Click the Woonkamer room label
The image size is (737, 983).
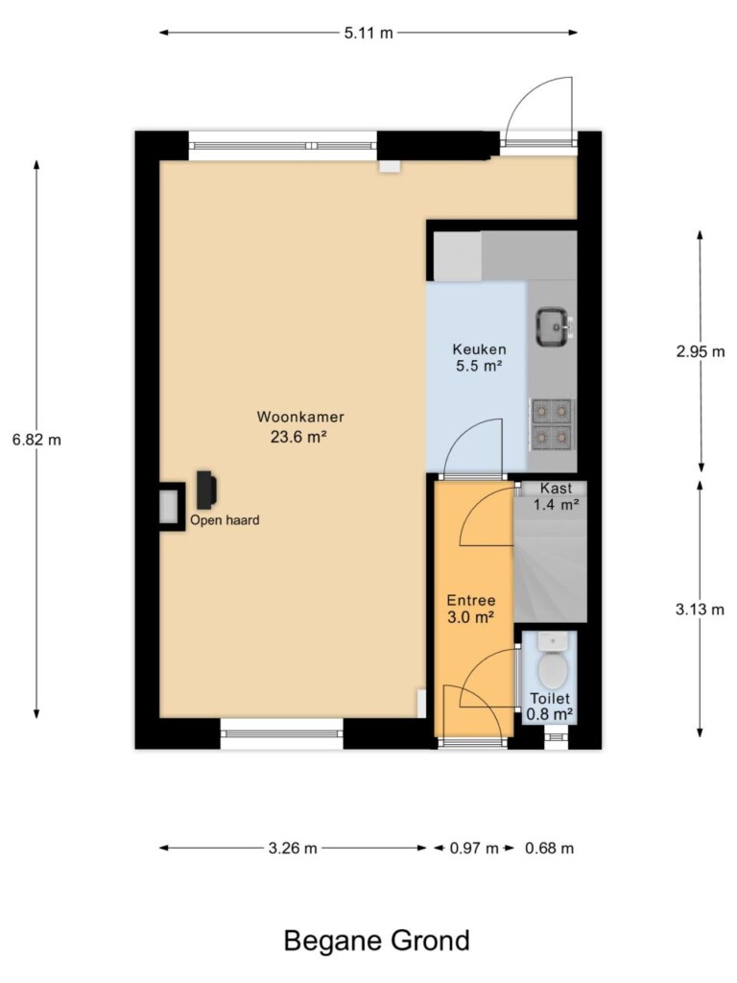click(300, 417)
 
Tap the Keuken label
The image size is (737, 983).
click(480, 349)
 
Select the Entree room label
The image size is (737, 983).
click(470, 601)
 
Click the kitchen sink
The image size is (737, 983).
click(554, 326)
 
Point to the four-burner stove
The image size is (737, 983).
click(552, 424)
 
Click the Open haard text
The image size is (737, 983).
click(225, 519)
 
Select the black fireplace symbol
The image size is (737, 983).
click(206, 490)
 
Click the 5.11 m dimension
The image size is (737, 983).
click(368, 33)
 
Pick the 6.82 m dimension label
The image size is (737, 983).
click(37, 440)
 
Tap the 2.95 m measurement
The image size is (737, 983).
click(700, 351)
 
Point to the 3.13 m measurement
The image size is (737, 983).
click(700, 609)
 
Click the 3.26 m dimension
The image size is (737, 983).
click(293, 849)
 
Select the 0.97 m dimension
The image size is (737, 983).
click(474, 849)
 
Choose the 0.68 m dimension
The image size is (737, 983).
click(550, 849)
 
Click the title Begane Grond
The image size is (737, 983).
click(376, 941)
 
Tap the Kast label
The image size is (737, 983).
click(556, 488)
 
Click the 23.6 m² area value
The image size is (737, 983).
click(298, 437)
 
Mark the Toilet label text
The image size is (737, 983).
click(550, 699)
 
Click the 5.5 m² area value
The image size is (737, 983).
click(480, 366)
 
